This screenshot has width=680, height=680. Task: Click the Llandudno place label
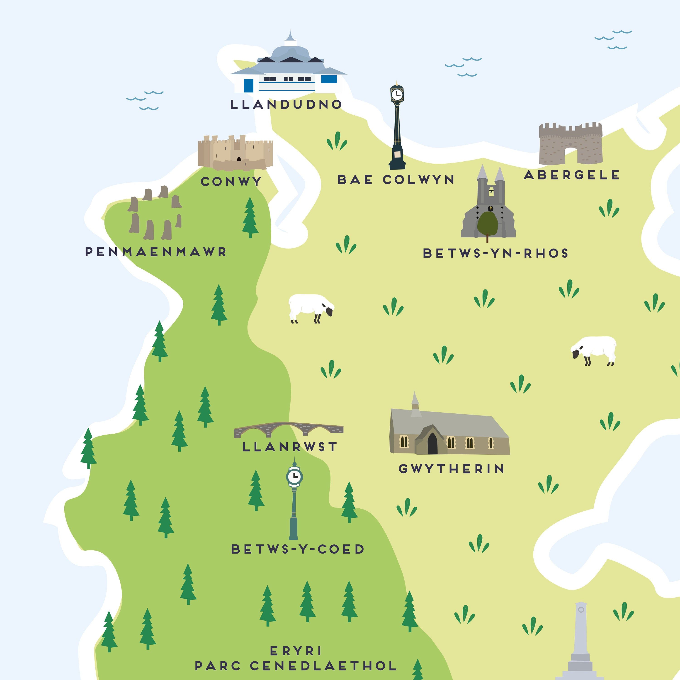[x=286, y=104]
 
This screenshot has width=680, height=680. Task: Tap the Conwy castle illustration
[x=235, y=152]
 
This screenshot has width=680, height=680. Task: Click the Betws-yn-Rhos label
[x=495, y=253]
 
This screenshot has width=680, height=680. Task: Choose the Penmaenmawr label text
[x=156, y=252]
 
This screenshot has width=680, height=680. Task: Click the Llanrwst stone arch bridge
[x=288, y=429]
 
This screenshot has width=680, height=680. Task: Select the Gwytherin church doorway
[x=432, y=444]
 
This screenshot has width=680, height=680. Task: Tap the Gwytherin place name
[x=452, y=469]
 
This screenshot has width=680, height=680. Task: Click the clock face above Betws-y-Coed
[x=294, y=476]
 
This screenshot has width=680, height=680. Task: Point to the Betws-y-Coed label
[x=298, y=549]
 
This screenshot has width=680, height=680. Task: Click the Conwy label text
[x=231, y=182]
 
